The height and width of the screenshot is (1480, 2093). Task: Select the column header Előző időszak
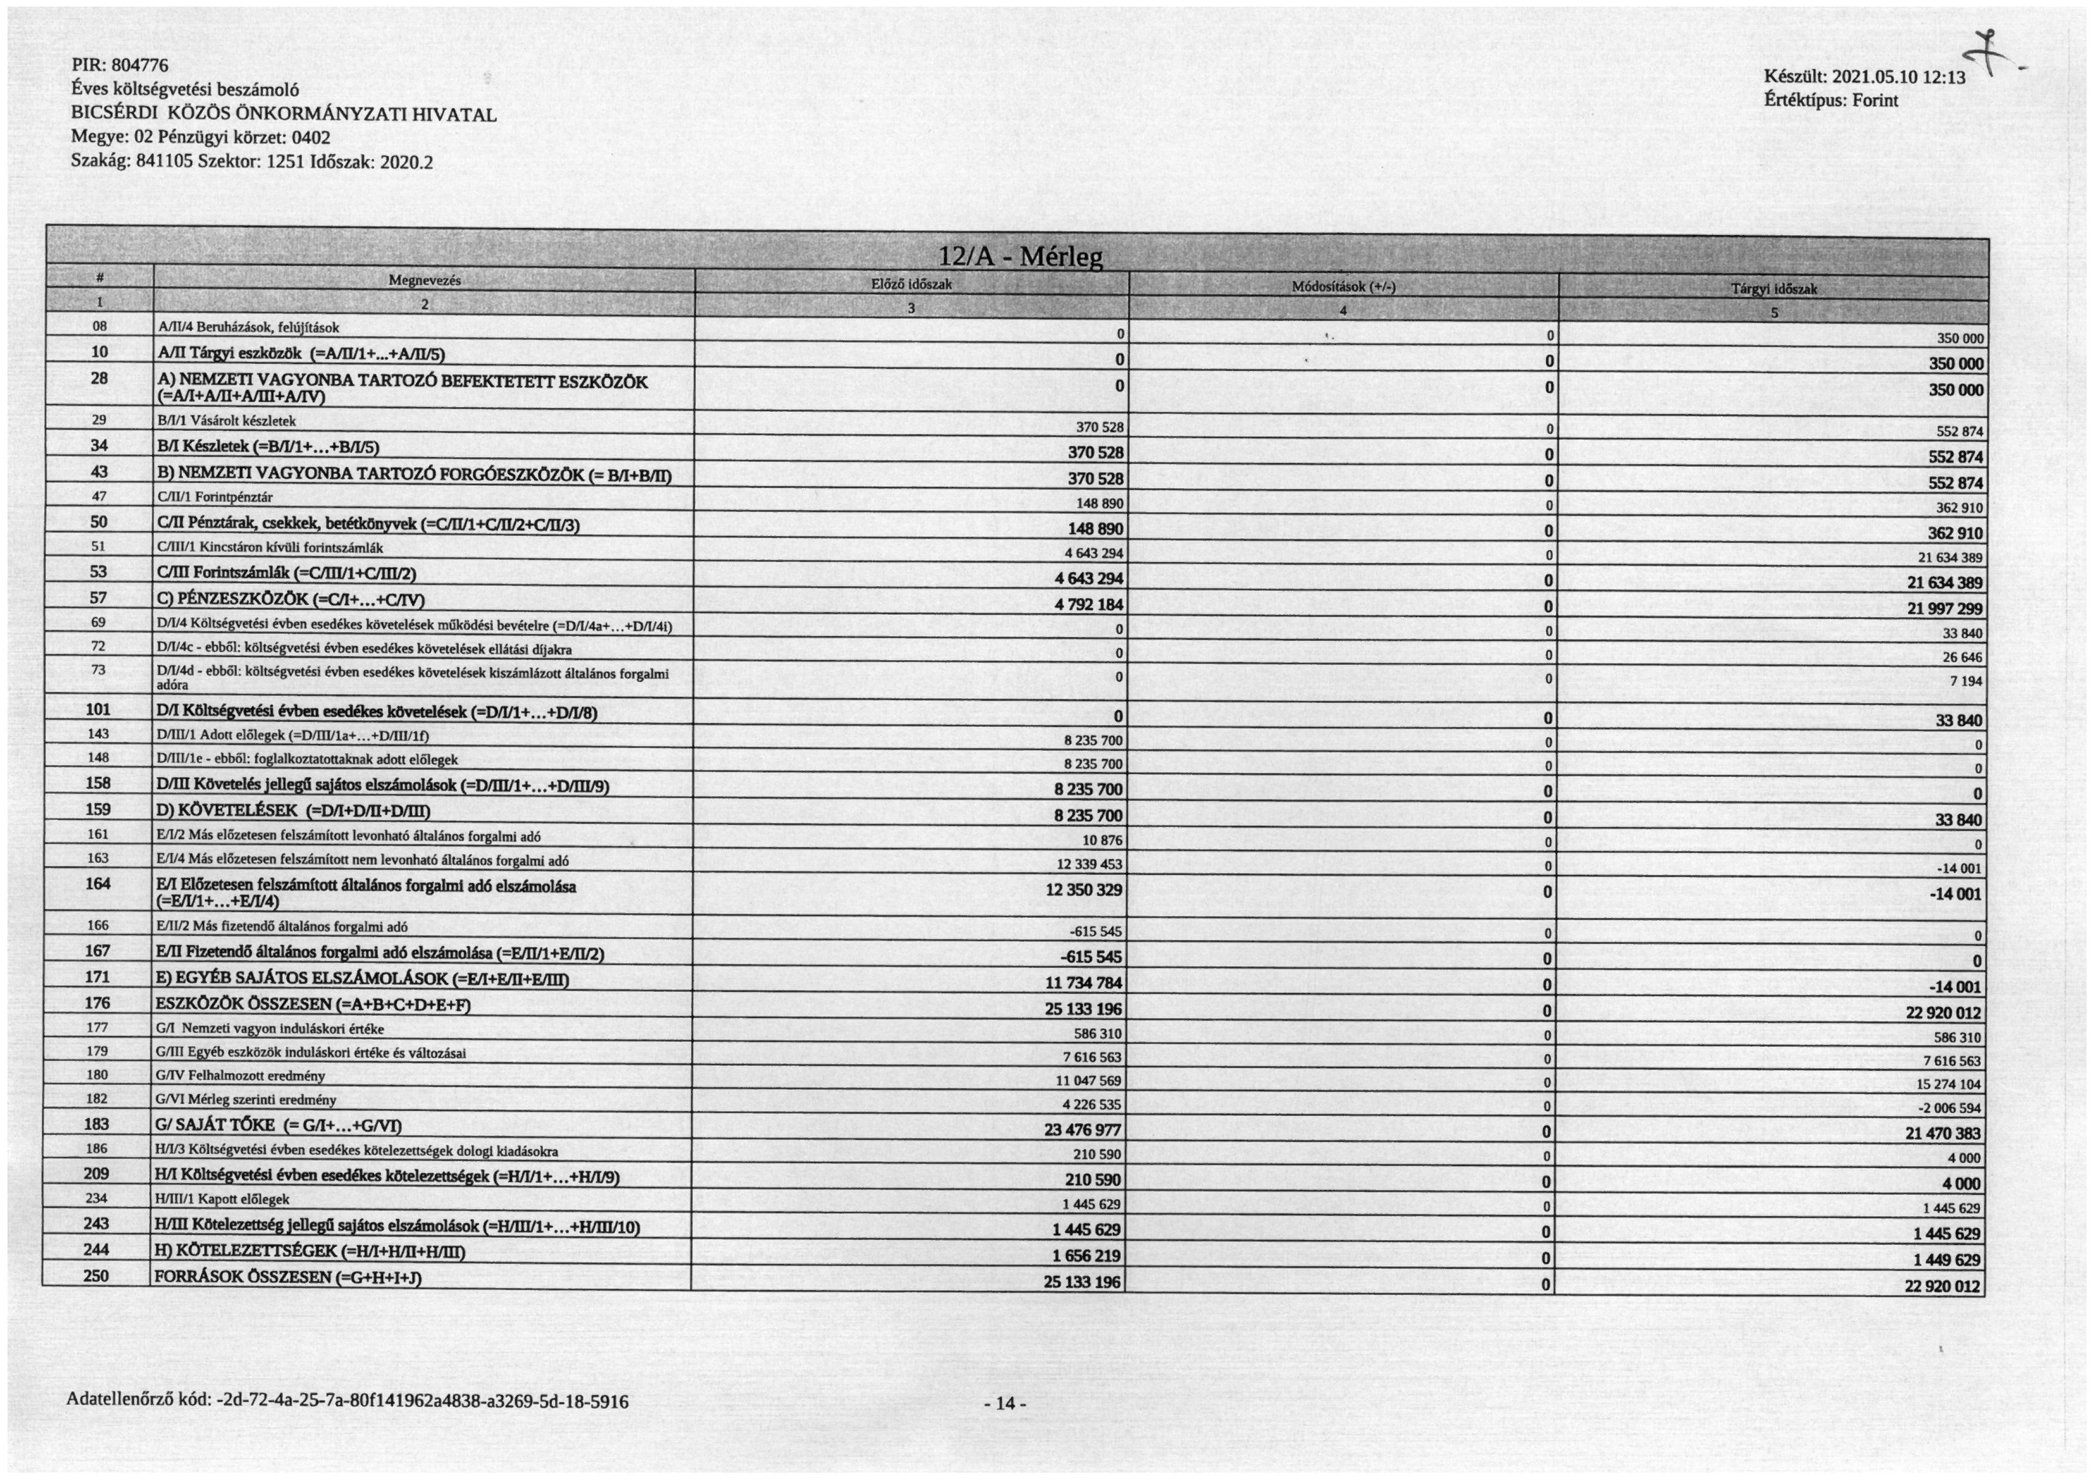(911, 284)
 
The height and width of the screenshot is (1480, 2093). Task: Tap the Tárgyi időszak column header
(1773, 289)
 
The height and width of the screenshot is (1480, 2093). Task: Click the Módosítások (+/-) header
(1343, 287)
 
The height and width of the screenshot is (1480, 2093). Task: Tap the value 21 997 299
(1944, 609)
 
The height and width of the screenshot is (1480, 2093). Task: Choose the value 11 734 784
(1083, 982)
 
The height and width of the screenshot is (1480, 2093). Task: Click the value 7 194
(1965, 682)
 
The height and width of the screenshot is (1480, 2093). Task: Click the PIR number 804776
(138, 66)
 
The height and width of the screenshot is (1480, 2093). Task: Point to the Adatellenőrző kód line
(347, 1401)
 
